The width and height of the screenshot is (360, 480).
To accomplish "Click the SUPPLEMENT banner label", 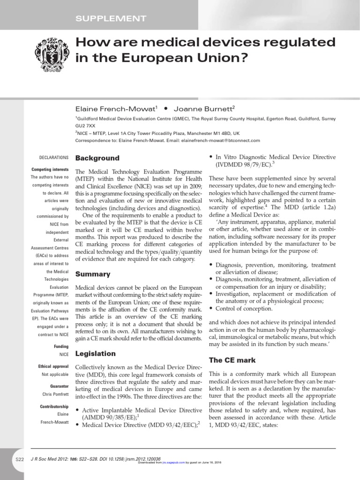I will pyautogui.click(x=111, y=19).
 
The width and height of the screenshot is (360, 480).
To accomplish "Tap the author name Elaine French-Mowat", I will pyautogui.click(x=113, y=109).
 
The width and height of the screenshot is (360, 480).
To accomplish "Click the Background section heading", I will pyautogui.click(x=97, y=158).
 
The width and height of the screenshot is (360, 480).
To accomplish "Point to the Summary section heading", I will pyautogui.click(x=93, y=274).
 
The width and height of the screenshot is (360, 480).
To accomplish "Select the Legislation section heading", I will pyautogui.click(x=96, y=353).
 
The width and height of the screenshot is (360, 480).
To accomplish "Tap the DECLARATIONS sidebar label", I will pyautogui.click(x=53, y=158).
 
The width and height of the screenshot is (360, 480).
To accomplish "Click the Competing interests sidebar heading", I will pyautogui.click(x=50, y=169).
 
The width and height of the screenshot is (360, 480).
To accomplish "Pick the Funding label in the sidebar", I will pyautogui.click(x=61, y=346).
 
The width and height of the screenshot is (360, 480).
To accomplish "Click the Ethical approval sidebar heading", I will pyautogui.click(x=53, y=366).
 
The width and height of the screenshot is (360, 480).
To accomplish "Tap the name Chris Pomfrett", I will pyautogui.click(x=56, y=395).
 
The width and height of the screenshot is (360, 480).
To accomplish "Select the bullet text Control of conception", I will pyautogui.click(x=243, y=308).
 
